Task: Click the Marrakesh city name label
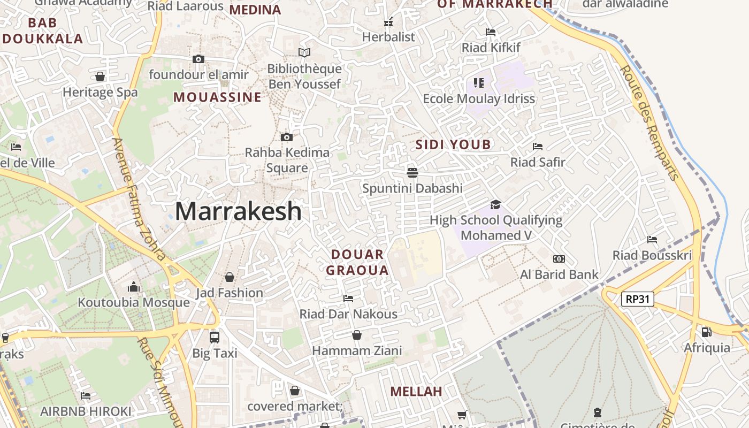[x=238, y=211]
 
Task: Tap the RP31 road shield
[x=638, y=299]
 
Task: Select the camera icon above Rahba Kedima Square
[x=287, y=137]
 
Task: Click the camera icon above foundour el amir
[x=198, y=59]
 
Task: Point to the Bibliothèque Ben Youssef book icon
[x=304, y=52]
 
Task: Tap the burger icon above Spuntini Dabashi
[x=412, y=172]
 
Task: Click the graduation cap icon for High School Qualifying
[x=496, y=204]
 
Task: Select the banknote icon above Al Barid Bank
[x=559, y=259]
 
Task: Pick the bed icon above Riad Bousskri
[x=652, y=239]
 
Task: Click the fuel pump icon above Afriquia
[x=707, y=332]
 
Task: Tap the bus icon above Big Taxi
[x=215, y=337]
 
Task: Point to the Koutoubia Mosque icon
[x=134, y=287]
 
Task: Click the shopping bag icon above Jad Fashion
[x=230, y=277]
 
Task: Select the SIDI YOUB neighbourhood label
[x=453, y=144]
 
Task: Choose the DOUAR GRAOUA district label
[x=357, y=262]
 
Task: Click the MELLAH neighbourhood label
[x=416, y=391]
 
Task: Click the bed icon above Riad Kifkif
[x=491, y=32]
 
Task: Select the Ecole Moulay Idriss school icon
[x=479, y=83]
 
